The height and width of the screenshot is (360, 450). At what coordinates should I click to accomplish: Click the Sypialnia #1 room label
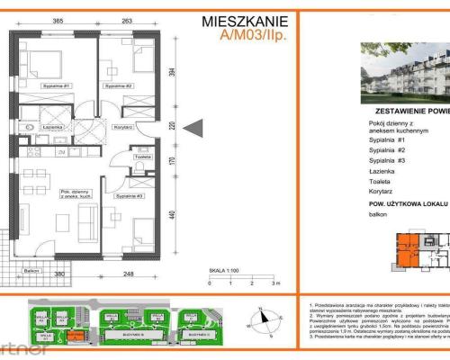[x=56, y=85]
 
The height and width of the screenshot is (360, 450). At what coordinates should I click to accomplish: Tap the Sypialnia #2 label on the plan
[x=118, y=85]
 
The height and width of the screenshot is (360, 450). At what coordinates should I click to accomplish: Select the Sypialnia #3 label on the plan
[x=130, y=194]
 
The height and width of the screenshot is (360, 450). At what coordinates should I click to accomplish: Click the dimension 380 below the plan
[x=58, y=274]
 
